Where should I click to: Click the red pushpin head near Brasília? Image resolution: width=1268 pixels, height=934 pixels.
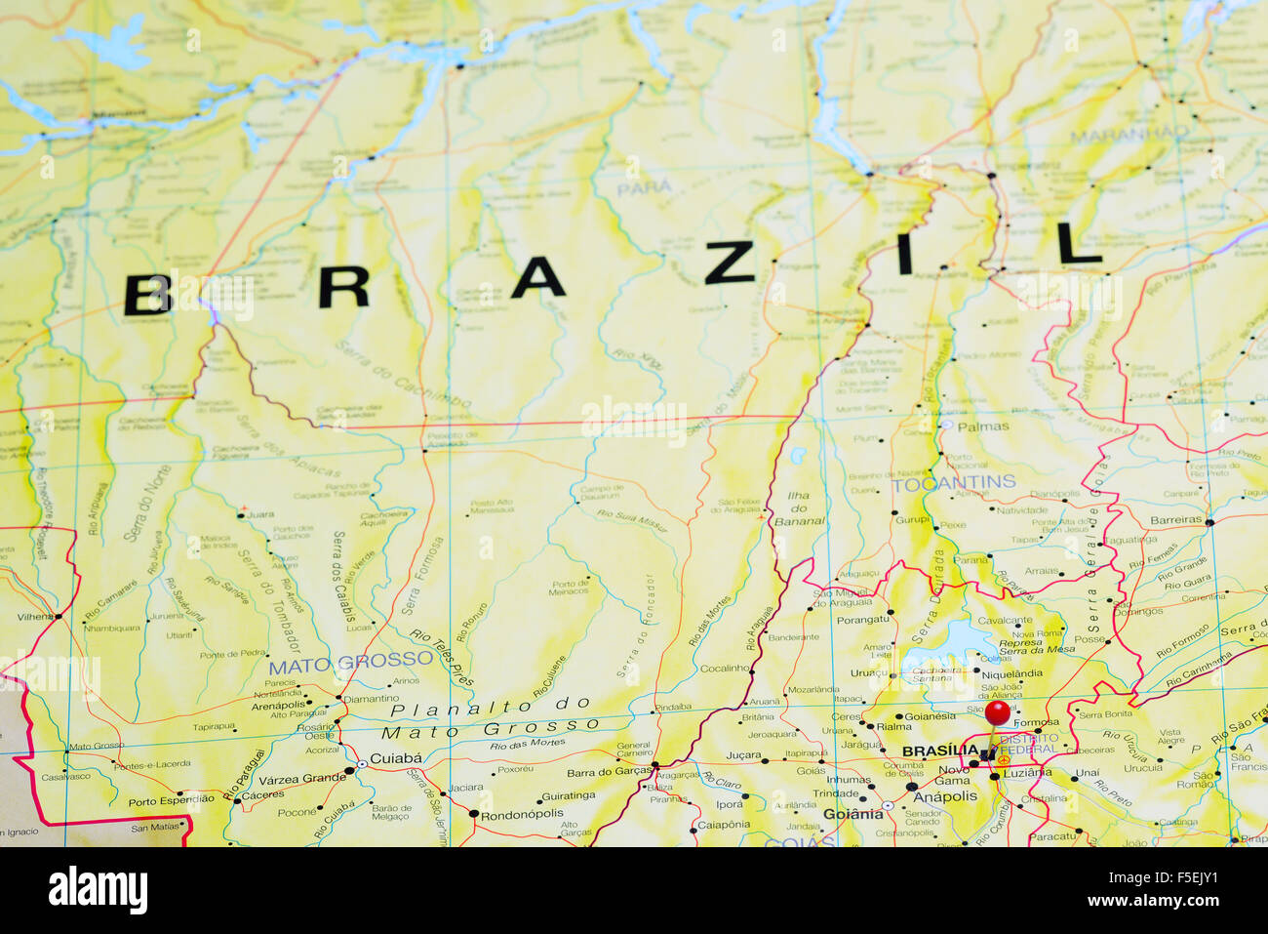pyautogui.click(x=997, y=711)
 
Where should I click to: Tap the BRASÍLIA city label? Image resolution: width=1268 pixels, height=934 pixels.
pyautogui.click(x=940, y=751)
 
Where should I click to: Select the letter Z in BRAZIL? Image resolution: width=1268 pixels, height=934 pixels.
pyautogui.click(x=730, y=263)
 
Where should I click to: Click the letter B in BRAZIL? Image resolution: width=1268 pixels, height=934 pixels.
pyautogui.click(x=147, y=295)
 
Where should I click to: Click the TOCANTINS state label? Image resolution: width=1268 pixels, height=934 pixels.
pyautogui.click(x=953, y=482)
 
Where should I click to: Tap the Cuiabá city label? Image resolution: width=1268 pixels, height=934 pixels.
pyautogui.click(x=396, y=757)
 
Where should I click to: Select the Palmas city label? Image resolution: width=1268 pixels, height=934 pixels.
pyautogui.click(x=983, y=426)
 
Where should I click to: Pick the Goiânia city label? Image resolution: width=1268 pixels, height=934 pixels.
pyautogui.click(x=852, y=814)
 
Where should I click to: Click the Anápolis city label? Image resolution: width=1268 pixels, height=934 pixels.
pyautogui.click(x=944, y=795)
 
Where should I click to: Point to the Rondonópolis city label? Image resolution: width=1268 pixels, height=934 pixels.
pyautogui.click(x=522, y=813)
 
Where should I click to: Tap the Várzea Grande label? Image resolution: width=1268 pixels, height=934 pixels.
pyautogui.click(x=301, y=778)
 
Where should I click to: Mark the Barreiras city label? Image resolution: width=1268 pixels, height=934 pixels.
pyautogui.click(x=1175, y=519)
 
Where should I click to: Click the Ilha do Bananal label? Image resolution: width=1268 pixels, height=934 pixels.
pyautogui.click(x=799, y=508)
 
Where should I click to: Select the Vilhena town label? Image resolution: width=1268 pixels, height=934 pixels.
pyautogui.click(x=34, y=617)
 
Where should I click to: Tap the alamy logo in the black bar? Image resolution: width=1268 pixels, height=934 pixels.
pyautogui.click(x=98, y=890)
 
